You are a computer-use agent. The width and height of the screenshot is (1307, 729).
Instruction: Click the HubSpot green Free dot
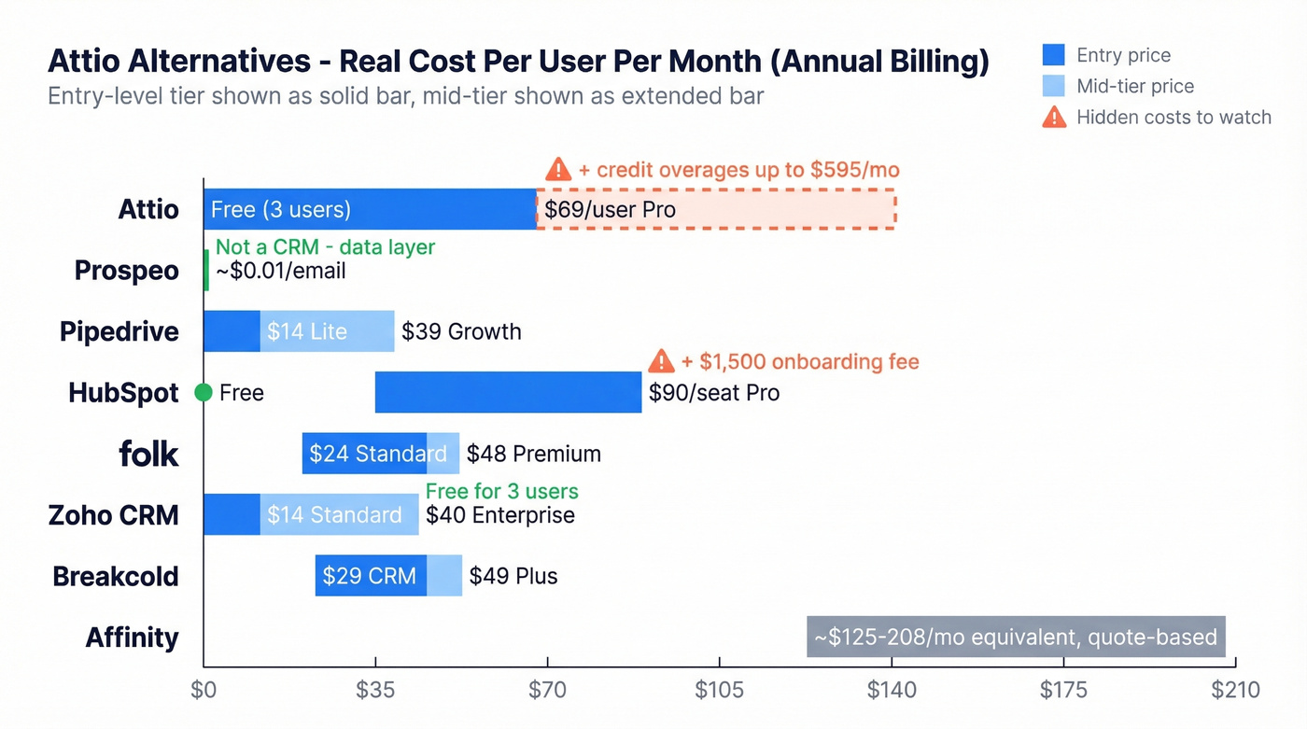coord(204,393)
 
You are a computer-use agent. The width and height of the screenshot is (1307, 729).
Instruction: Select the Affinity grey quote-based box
coord(1016,637)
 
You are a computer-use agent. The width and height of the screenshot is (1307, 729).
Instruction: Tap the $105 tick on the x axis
coord(719,691)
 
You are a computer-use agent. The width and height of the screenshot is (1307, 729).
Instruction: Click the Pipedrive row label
coord(119,331)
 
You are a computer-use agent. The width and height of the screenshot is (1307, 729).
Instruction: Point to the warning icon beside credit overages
coord(558,169)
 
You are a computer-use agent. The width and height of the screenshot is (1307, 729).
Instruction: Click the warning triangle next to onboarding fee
coord(661,361)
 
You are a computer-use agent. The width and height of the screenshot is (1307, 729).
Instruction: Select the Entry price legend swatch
coord(1053,55)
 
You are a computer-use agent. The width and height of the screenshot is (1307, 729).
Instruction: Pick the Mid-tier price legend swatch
coord(1053,86)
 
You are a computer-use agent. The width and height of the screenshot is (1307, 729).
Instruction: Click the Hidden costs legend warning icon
coord(1054,117)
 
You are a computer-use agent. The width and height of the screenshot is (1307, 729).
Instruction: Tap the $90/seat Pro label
coord(714,393)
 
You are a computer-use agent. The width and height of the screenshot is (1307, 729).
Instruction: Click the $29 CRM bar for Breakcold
coord(371,576)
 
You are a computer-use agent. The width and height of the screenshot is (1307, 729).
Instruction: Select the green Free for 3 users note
coord(501,491)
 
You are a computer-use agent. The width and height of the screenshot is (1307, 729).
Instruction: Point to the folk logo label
coord(148,454)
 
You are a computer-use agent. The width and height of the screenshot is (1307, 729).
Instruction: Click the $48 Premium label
coord(533,454)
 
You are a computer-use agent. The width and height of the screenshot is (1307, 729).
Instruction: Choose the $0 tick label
coord(204,691)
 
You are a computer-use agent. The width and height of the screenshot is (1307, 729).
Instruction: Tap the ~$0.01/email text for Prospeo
coord(280,271)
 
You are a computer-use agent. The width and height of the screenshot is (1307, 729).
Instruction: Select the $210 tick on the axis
coord(1235,691)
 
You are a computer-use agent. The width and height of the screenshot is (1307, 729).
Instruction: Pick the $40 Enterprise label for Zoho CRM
coord(499,515)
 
